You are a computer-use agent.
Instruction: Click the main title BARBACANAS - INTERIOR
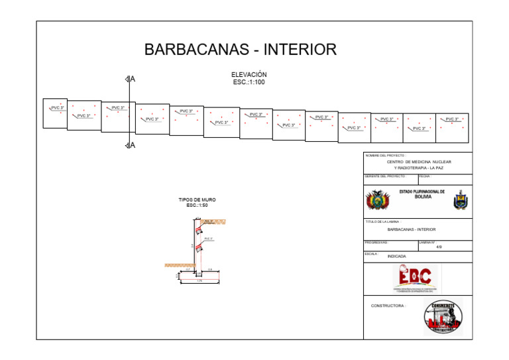point(240,50)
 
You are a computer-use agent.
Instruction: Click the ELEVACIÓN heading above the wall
point(249,75)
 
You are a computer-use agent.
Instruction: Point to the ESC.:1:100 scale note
point(249,82)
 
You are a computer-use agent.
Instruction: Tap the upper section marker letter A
point(133,80)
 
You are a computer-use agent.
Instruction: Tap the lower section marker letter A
point(133,145)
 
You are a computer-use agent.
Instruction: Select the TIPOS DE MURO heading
point(197,200)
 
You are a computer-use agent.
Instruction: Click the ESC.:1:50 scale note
point(197,206)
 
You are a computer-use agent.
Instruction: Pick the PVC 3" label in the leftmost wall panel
point(58,107)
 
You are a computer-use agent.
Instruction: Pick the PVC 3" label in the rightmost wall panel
point(452,119)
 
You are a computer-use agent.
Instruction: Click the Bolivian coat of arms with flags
point(378,200)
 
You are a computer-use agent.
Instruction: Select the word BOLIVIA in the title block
point(423,197)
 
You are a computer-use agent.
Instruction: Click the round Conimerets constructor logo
point(443,316)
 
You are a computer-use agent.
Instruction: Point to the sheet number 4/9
point(439,247)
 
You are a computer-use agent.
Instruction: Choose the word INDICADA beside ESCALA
point(397,256)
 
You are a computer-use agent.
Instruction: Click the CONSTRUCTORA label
point(388,306)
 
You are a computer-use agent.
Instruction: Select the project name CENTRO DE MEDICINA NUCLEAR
point(418,162)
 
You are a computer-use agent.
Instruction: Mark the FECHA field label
point(425,176)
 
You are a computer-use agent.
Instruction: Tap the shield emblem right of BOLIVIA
point(459,200)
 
